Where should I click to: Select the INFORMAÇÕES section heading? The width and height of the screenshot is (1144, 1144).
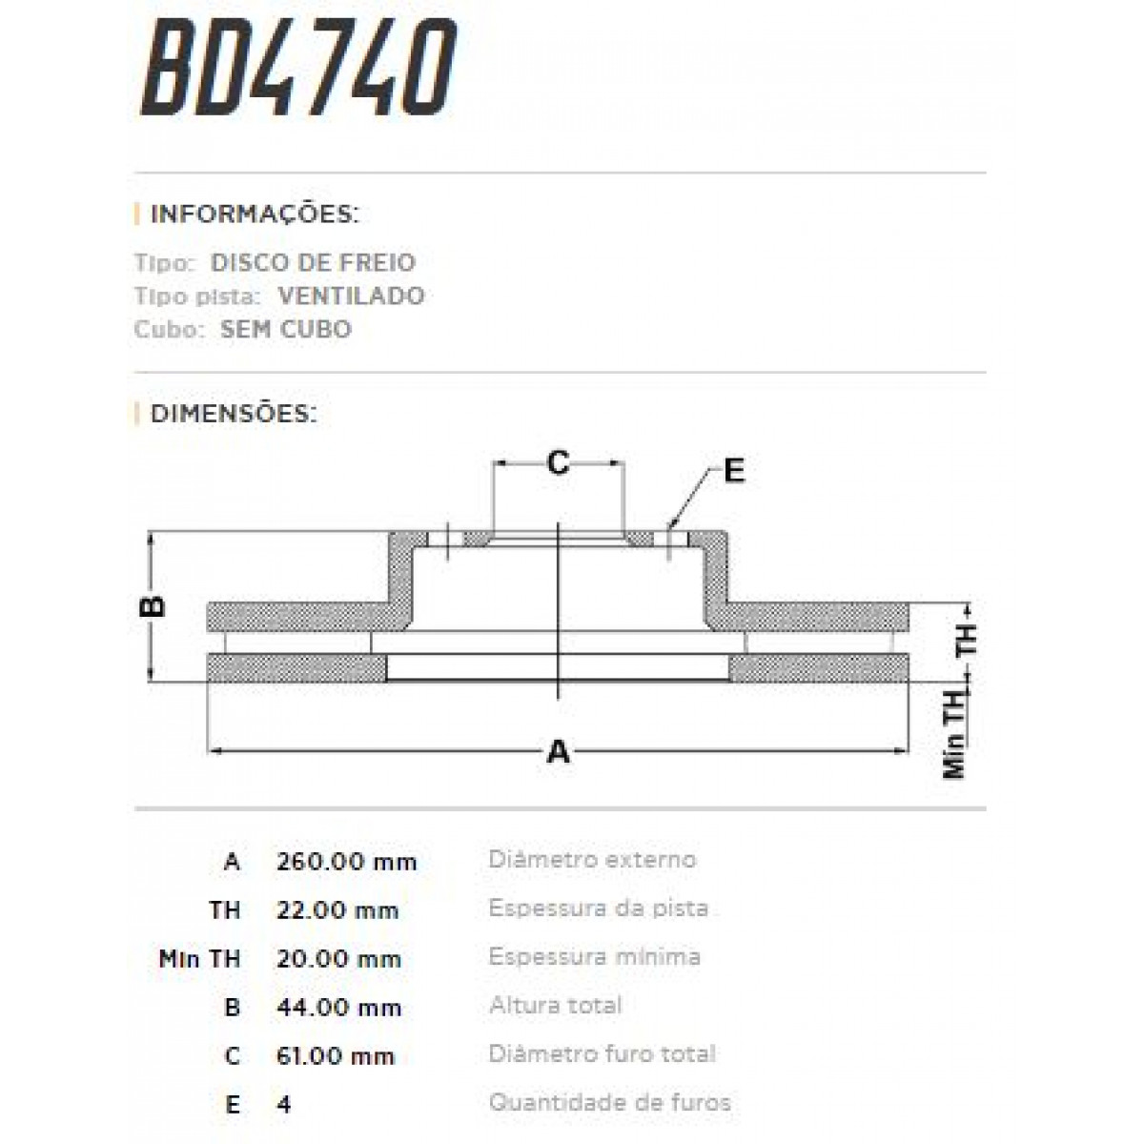254,214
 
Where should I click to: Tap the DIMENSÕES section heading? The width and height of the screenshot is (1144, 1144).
233,414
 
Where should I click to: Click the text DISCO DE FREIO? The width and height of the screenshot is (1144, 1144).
313,262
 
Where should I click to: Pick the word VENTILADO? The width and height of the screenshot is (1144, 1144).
351,296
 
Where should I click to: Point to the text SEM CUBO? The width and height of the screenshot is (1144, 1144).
286,329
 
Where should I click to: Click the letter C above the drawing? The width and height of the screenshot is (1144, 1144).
558,463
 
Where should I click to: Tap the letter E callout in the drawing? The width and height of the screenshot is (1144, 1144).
733,471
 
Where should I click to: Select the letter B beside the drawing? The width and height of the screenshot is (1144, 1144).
153,605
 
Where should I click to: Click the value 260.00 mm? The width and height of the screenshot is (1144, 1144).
347,862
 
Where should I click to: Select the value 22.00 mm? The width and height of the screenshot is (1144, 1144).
337,910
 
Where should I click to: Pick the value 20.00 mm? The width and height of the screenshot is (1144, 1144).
338,959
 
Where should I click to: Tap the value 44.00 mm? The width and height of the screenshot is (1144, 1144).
338,1008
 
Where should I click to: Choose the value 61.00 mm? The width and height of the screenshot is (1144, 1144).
336,1056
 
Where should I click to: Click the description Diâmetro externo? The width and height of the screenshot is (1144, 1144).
592,859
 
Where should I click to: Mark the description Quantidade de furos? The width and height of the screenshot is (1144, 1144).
609,1103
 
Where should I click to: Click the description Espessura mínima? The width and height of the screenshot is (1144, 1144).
594,956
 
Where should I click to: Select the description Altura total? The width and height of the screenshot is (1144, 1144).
555,1005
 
